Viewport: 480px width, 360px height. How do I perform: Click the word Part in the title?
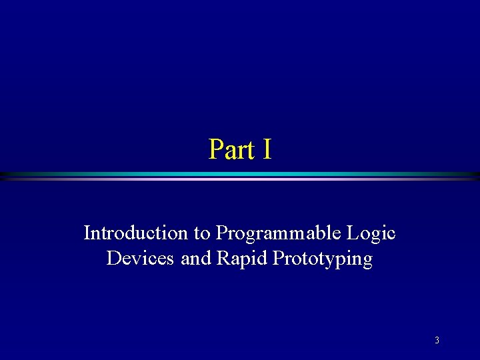click(231, 149)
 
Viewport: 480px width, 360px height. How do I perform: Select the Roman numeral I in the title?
click(267, 149)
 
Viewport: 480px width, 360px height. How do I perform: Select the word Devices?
click(141, 258)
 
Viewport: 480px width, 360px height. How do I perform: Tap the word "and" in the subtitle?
click(196, 258)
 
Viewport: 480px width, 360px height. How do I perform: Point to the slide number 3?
click(437, 341)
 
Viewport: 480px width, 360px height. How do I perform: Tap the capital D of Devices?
click(113, 258)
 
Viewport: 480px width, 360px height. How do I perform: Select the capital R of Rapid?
click(223, 258)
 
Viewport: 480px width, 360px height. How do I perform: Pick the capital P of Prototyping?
click(278, 258)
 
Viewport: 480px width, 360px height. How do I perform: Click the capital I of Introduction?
click(87, 233)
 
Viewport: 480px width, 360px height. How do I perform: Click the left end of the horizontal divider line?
click(3, 176)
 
